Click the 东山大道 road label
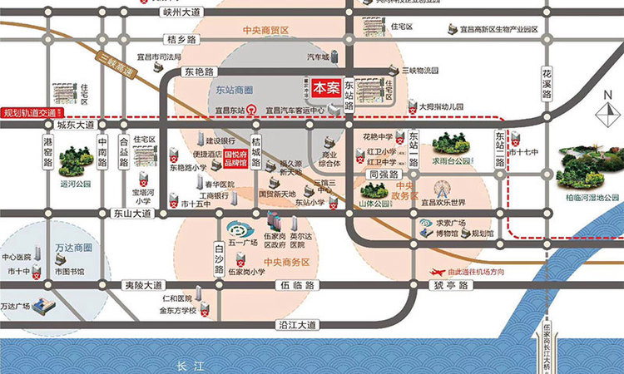pos(131,214)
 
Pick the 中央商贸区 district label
pos(265,31)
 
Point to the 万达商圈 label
pos(73,248)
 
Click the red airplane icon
pos(437,272)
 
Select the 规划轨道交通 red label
pos(30,112)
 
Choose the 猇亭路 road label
pos(449,284)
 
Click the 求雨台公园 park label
pos(452,160)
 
